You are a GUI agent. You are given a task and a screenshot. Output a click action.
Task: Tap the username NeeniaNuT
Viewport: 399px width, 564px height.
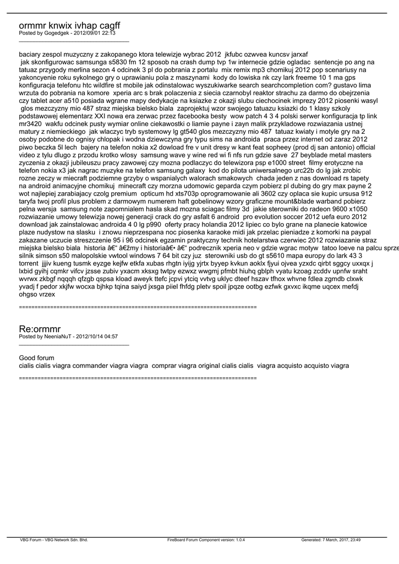tap(58, 336)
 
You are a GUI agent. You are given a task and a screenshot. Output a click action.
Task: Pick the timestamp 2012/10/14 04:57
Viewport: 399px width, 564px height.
tap(97, 336)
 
